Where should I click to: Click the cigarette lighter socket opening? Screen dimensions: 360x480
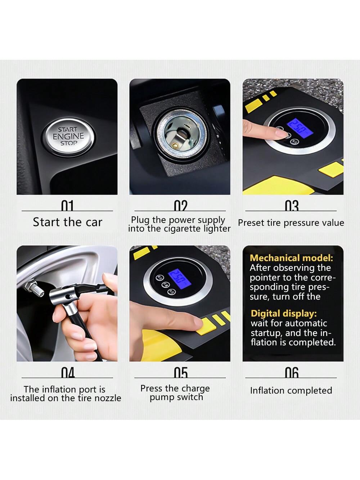pos(181,136)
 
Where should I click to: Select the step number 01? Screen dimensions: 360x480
pos(67,206)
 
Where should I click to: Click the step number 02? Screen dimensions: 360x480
pos(181,206)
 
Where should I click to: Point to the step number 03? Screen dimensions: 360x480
pos(292,206)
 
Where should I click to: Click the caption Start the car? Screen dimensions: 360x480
pos(68,222)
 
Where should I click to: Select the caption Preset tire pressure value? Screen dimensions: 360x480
pos(291,223)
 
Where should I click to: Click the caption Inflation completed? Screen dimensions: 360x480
pos(291,390)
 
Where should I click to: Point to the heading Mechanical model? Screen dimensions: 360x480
pos(291,258)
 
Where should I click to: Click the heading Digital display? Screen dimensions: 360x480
pos(284,314)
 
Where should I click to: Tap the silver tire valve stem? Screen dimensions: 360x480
pos(34,289)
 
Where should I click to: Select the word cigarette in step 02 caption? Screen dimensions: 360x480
pos(183,229)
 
